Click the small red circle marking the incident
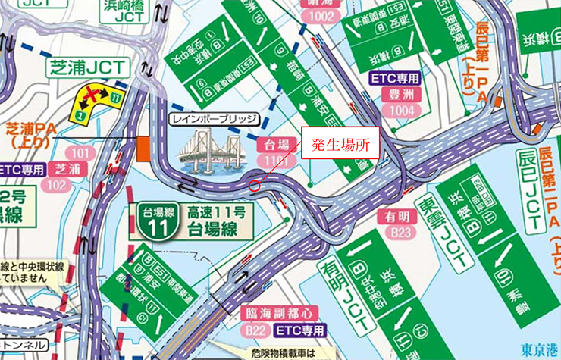click(254, 185)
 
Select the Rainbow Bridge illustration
click(207, 150)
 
